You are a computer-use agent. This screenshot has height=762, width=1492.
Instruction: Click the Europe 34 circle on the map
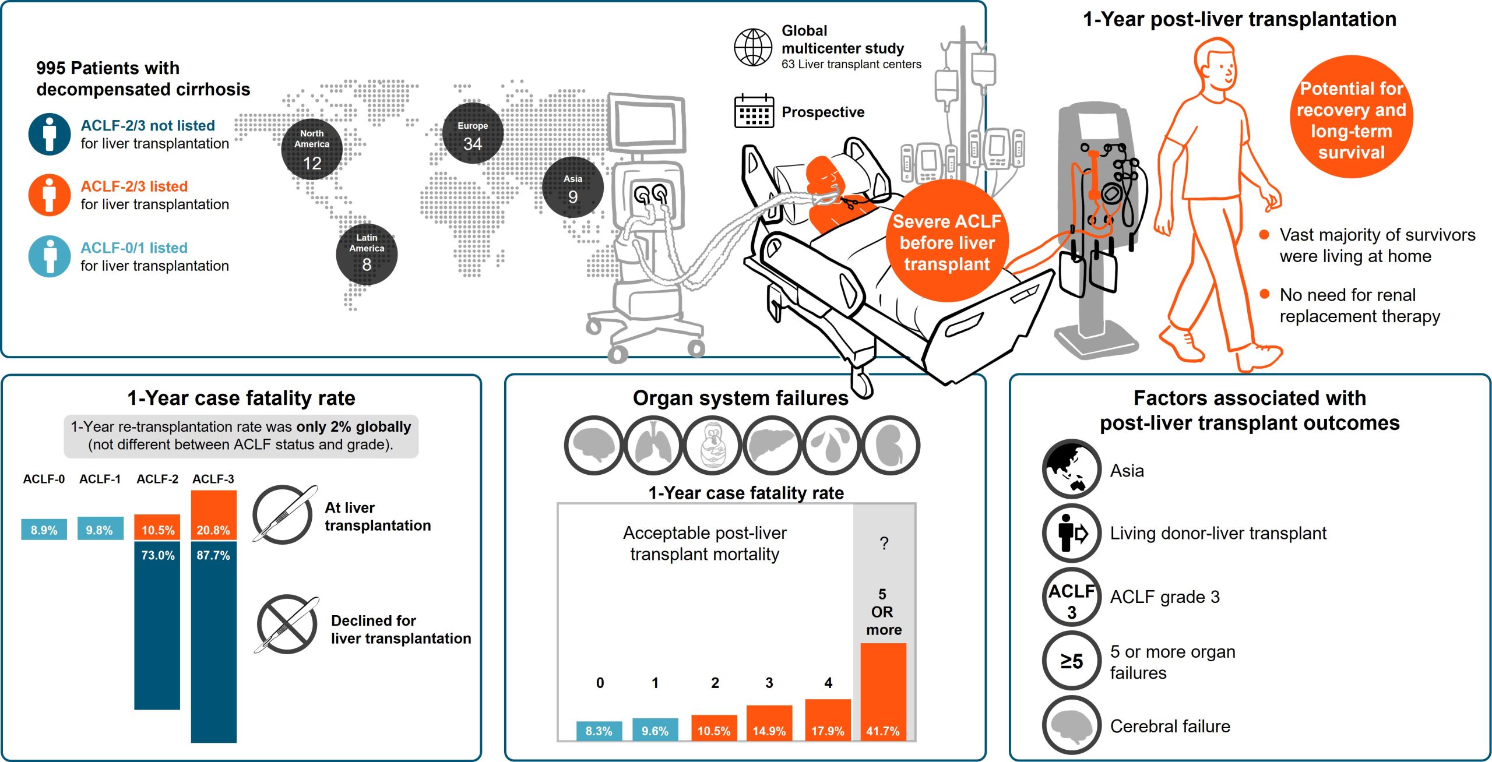[x=473, y=134]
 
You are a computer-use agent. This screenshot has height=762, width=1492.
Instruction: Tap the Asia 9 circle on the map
[x=573, y=188]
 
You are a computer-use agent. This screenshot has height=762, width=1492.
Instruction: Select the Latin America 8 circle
[x=367, y=254]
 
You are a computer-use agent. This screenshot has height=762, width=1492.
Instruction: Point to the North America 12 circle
[x=312, y=149]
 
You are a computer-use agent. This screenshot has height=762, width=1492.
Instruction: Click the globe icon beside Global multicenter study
[x=753, y=47]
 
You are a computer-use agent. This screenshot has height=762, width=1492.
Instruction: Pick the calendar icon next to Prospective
[x=754, y=111]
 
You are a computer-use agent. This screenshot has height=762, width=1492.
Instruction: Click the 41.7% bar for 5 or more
[x=884, y=692]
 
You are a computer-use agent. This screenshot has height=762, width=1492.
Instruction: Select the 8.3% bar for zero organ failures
[x=599, y=731]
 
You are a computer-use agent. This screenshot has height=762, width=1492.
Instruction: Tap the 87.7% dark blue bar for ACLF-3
[x=214, y=642]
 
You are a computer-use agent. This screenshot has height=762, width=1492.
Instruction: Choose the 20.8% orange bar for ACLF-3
[x=214, y=515]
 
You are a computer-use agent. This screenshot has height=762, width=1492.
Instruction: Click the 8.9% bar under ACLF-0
[x=44, y=530]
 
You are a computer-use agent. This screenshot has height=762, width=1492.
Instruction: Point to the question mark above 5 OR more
[x=884, y=544]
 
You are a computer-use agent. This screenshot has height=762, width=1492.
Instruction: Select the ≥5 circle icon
[x=1071, y=661]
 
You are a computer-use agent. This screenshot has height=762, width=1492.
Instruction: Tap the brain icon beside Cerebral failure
[x=1071, y=725]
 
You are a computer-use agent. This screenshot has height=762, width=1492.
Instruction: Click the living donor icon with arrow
[x=1071, y=532]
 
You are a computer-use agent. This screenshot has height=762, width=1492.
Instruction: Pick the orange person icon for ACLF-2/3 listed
[x=50, y=195]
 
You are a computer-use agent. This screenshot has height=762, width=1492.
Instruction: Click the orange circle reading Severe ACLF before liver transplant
[x=947, y=241]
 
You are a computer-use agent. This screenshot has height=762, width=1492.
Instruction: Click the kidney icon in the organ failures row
[x=891, y=446]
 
